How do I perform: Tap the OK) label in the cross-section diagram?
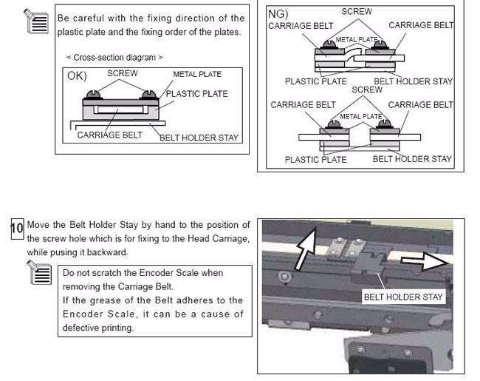pyautogui.click(x=76, y=75)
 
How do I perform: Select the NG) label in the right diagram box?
pyautogui.click(x=277, y=13)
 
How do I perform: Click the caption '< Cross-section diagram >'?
pyautogui.click(x=114, y=57)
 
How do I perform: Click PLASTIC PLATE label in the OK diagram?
pyautogui.click(x=197, y=94)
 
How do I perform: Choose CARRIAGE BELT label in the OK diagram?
pyautogui.click(x=110, y=135)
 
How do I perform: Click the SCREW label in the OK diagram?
pyautogui.click(x=123, y=74)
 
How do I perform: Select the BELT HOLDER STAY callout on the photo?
pyautogui.click(x=403, y=297)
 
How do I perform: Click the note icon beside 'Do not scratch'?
pyautogui.click(x=40, y=274)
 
